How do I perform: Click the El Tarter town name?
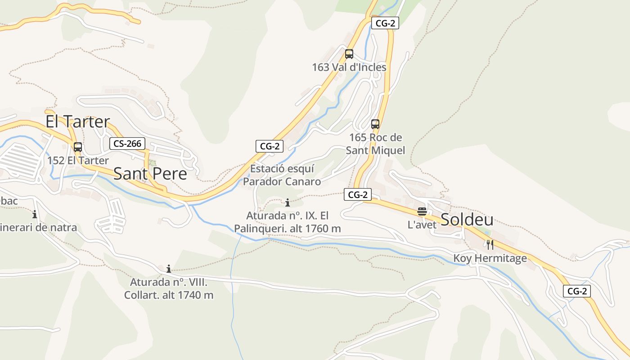tap(78, 121)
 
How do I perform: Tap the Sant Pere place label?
tap(150, 173)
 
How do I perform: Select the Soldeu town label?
tap(467, 220)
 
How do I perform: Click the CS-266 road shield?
tap(128, 144)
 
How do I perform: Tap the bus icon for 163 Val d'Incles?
tap(349, 54)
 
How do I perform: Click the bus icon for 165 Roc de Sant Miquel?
tap(375, 124)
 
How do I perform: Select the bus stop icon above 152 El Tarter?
tap(78, 147)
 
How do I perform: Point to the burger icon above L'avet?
tap(422, 211)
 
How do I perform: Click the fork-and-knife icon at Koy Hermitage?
tap(490, 245)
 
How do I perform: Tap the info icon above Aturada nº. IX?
tap(288, 202)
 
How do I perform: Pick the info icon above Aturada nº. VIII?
tap(169, 269)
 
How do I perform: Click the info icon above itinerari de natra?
tap(35, 214)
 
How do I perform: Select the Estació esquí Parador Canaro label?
tap(282, 175)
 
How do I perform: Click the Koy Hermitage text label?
tap(490, 258)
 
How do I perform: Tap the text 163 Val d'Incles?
tap(349, 67)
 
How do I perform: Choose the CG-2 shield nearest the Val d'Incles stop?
tap(385, 23)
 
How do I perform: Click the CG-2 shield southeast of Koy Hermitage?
tap(576, 291)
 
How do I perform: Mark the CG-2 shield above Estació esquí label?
tap(270, 146)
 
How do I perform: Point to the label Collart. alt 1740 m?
tap(169, 295)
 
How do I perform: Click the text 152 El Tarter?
tap(78, 161)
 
